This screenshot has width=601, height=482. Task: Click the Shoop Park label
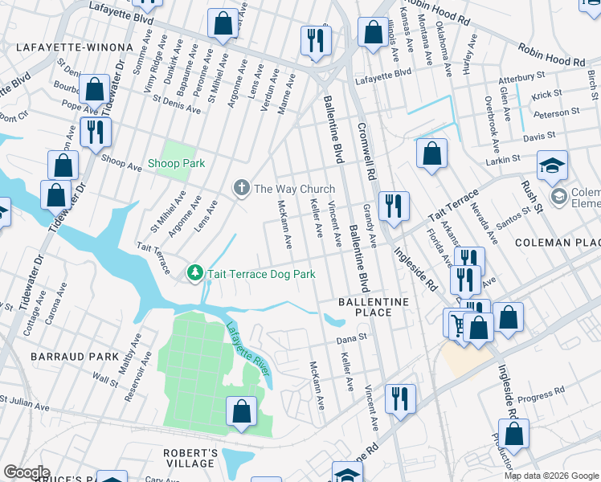click(176, 163)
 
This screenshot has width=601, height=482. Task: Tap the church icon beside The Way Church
click(240, 189)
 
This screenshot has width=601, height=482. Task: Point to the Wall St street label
click(104, 377)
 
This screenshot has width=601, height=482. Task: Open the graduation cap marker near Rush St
click(552, 165)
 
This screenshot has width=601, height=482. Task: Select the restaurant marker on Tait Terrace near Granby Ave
click(394, 206)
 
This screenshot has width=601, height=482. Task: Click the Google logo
click(27, 472)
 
